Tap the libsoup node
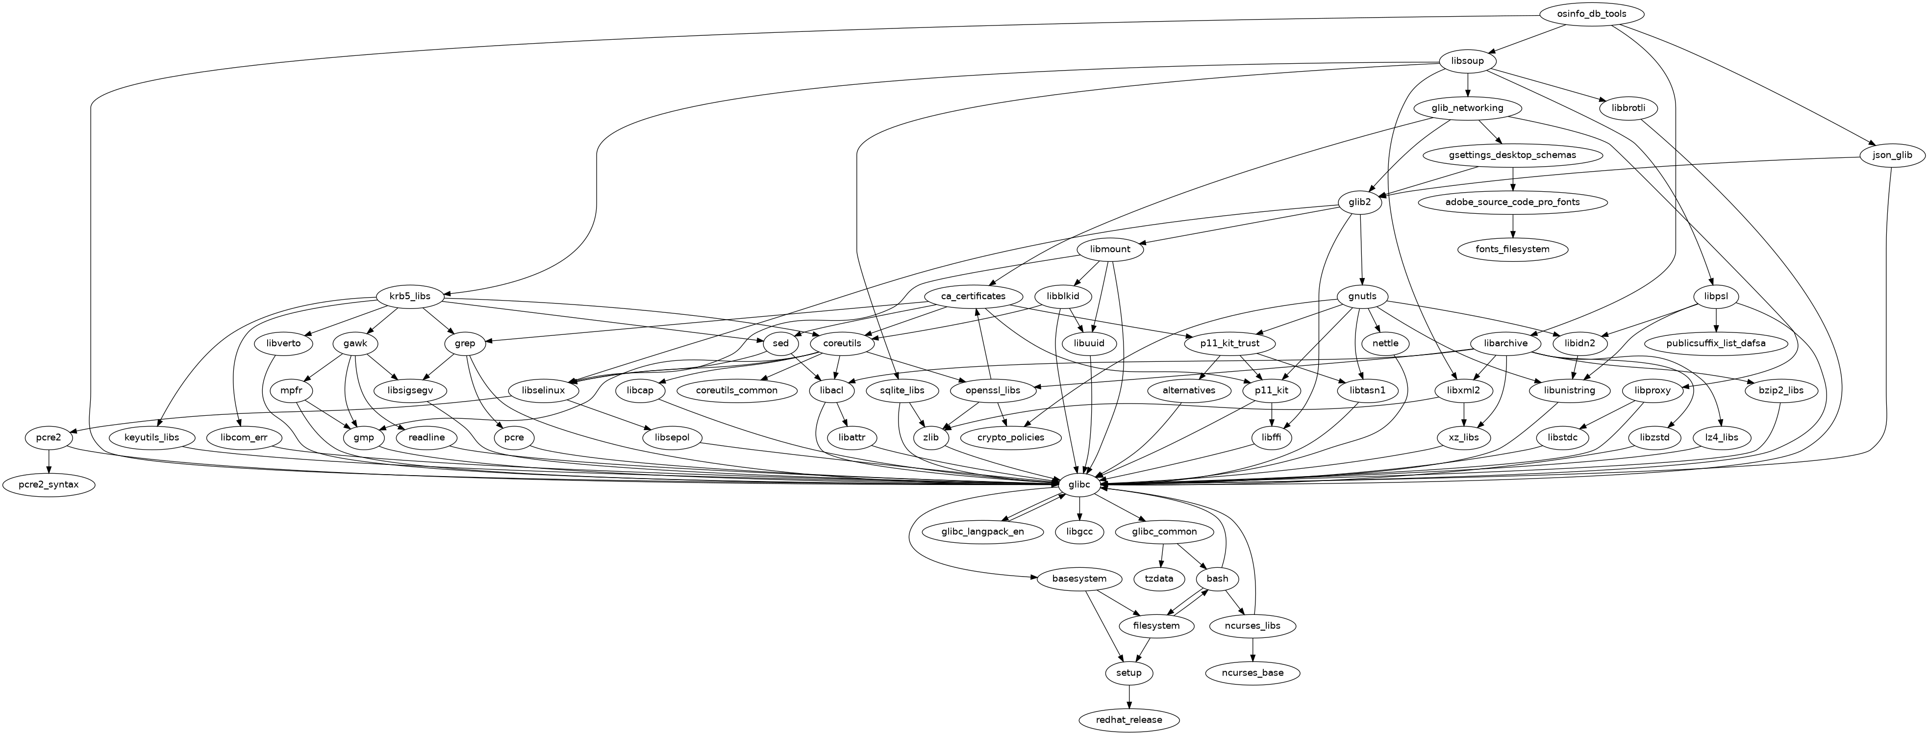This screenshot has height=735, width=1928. point(1467,61)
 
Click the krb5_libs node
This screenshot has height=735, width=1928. point(410,296)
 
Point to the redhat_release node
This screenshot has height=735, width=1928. point(1128,720)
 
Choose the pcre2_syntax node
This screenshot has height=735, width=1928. point(49,485)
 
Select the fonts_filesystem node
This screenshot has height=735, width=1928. point(1513,249)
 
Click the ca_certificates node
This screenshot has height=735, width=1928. point(973,296)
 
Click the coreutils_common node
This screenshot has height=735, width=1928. point(736,390)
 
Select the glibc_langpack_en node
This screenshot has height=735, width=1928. point(983,532)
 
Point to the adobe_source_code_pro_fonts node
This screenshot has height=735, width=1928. point(1513,202)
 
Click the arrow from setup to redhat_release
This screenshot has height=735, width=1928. point(1128,696)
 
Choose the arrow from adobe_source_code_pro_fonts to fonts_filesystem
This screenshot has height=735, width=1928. point(1513,225)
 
